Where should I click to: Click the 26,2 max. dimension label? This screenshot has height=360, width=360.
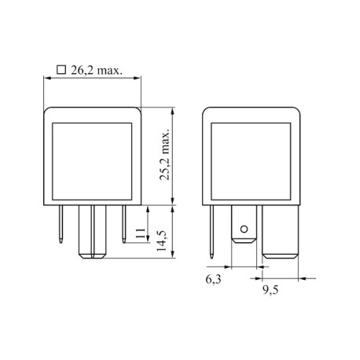97,71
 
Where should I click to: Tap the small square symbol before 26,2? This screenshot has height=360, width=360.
61,70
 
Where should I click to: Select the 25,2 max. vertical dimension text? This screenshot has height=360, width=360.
165,155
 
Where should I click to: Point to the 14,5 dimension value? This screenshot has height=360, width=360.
162,241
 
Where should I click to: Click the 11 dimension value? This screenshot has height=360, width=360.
141,233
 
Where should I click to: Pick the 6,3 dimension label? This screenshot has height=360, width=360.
213,280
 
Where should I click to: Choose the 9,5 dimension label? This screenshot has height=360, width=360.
270,290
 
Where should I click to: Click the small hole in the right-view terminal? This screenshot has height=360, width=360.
244,230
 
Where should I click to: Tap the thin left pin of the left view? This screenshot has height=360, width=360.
61,224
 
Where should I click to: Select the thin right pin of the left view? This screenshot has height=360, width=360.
124,224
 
